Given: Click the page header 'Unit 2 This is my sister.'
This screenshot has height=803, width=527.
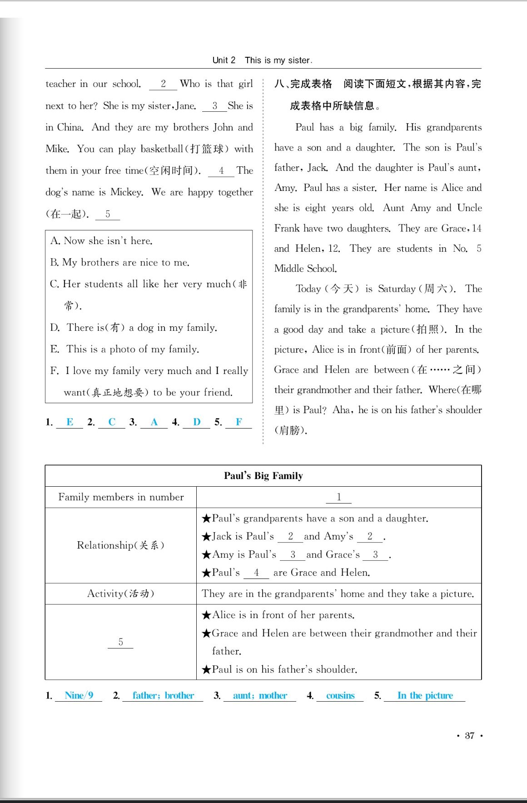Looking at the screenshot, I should click(x=262, y=60).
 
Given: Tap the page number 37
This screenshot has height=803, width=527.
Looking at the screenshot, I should click(x=469, y=735).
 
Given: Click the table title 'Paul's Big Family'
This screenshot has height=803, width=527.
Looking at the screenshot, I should click(x=263, y=476).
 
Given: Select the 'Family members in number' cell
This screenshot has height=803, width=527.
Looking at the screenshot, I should click(x=121, y=497).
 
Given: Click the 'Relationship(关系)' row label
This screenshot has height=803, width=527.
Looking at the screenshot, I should click(x=120, y=545).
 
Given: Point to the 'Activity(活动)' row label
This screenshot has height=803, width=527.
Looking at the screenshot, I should click(x=120, y=594).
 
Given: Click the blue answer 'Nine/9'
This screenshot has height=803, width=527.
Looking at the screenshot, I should click(x=79, y=695).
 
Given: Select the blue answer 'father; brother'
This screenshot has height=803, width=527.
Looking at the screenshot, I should click(x=163, y=695).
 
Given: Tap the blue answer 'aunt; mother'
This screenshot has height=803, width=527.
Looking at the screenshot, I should click(x=260, y=695).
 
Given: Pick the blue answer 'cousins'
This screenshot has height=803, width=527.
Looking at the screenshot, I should click(x=340, y=695).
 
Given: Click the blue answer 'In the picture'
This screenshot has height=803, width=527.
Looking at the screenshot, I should click(x=425, y=695).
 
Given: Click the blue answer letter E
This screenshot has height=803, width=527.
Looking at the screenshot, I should click(x=70, y=422).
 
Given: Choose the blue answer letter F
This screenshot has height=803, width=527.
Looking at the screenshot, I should click(x=239, y=422).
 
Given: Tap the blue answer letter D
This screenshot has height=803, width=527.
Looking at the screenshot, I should click(x=197, y=422).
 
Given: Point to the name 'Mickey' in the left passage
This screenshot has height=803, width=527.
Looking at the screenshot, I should click(x=126, y=192).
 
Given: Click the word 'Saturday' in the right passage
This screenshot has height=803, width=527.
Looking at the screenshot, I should click(x=397, y=289).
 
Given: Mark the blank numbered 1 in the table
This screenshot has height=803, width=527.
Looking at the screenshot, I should click(x=338, y=497).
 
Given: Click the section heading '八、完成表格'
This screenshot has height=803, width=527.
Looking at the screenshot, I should click(x=303, y=84).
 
